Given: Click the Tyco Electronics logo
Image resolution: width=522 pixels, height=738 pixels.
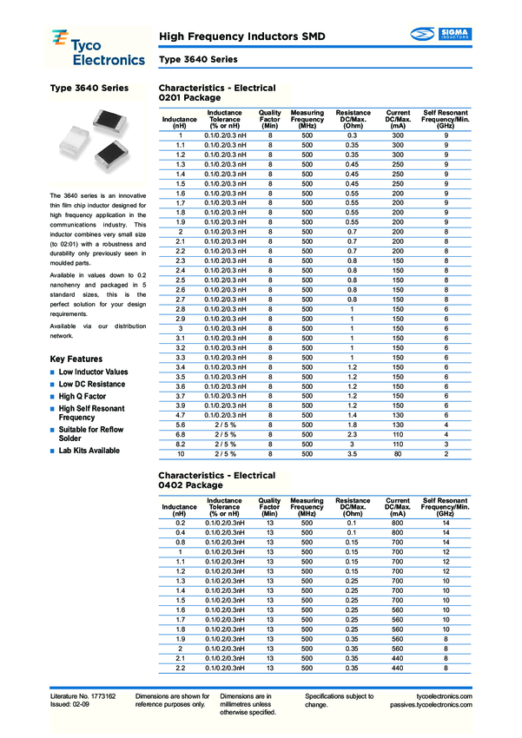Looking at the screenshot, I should [96, 47].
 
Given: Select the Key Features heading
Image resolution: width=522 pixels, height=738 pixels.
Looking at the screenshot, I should [76, 359].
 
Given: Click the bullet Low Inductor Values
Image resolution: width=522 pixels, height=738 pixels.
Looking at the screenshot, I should [93, 372].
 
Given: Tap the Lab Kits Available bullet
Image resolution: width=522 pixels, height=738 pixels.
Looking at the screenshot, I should [89, 451].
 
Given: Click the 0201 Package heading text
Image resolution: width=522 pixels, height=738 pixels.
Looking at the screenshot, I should [189, 99].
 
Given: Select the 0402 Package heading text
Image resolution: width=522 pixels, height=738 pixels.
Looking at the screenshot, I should [189, 486].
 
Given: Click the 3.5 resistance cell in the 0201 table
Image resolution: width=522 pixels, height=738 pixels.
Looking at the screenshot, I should [353, 453].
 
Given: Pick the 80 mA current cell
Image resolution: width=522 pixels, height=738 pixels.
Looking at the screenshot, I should [398, 453].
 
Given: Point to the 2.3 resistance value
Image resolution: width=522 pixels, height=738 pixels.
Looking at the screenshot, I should [353, 434].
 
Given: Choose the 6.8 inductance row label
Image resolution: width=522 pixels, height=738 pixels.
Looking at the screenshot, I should [180, 434].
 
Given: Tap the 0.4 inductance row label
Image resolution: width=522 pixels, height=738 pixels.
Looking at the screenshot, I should [181, 533].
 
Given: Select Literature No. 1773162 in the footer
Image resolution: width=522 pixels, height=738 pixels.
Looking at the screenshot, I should [83, 697].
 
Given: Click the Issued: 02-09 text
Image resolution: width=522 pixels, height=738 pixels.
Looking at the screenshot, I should [71, 706].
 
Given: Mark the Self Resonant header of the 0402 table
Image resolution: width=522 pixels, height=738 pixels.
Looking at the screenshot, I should [446, 501].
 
